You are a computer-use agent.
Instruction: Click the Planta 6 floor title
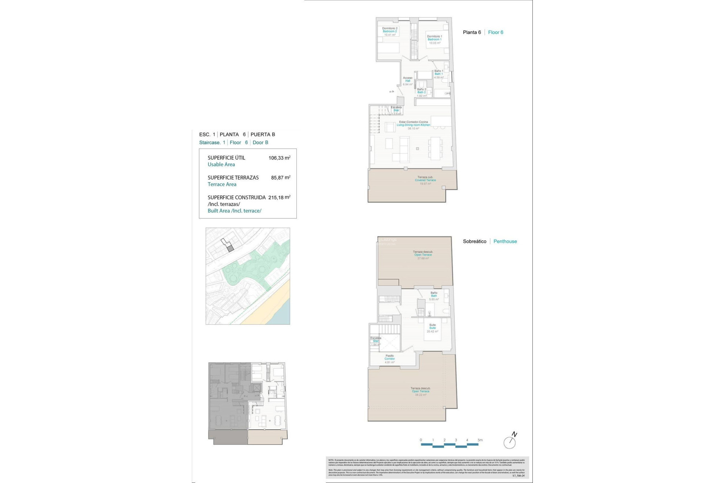(472, 32)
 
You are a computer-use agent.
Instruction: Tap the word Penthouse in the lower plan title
(505, 241)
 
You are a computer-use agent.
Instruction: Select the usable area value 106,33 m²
(279, 158)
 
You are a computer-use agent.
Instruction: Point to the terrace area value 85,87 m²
(281, 178)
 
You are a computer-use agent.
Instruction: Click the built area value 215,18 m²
(279, 197)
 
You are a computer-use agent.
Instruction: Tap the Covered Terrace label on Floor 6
(425, 180)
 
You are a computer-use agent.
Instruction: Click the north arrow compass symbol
(510, 441)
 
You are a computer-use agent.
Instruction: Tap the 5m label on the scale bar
(480, 440)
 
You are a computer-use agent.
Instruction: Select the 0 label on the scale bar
(421, 440)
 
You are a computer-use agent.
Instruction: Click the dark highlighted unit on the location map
(230, 248)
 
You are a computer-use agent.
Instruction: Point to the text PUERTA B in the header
(263, 135)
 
